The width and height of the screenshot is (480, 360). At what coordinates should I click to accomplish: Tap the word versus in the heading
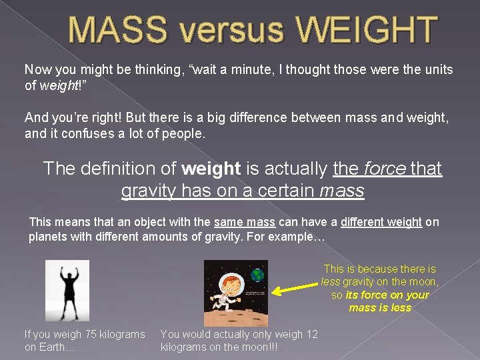[x=219, y=30]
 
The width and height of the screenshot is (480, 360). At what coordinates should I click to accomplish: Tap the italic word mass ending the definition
[x=341, y=191]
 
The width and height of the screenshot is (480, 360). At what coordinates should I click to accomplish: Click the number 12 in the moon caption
[x=311, y=334]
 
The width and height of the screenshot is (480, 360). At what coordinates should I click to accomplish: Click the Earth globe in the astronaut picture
[x=257, y=273]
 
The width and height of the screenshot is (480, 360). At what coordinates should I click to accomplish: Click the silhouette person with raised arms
[x=67, y=290]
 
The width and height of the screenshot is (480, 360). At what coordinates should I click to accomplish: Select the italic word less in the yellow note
[x=331, y=282]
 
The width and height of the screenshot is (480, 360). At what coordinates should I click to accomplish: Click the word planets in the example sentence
[x=47, y=237]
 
